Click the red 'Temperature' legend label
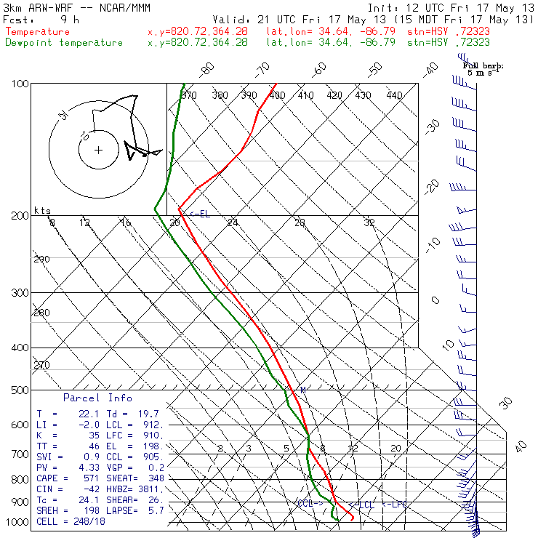click(38, 32)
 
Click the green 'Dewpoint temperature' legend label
click(64, 42)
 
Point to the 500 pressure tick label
click(20, 390)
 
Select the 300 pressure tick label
click(20, 293)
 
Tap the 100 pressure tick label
click(20, 84)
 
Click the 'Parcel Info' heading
click(97, 398)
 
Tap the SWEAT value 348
click(156, 478)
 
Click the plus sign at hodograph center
click(99, 150)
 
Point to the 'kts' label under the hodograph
click(43, 210)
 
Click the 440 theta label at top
click(394, 95)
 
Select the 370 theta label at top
click(189, 95)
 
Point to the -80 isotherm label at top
click(208, 69)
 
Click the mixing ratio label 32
click(369, 222)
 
